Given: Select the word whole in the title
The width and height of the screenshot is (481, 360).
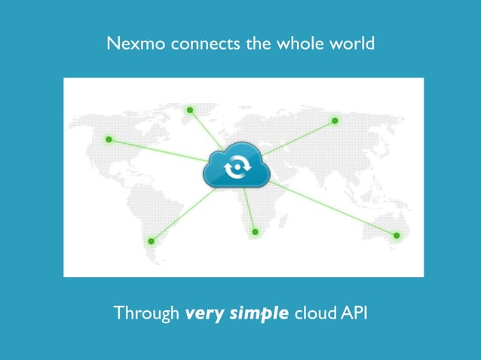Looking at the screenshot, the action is [302, 44].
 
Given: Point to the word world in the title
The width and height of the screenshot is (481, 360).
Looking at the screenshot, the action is [351, 44].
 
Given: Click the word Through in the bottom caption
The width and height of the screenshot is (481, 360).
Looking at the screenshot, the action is [146, 313].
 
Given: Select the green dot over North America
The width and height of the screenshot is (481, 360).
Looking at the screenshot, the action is [109, 139].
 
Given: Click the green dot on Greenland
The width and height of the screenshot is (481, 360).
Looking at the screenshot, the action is [190, 110].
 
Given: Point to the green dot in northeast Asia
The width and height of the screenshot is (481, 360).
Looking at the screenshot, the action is [335, 121].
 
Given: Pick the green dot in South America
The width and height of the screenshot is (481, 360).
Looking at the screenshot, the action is [151, 241].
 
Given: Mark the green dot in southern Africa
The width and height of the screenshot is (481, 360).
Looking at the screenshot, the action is [255, 231].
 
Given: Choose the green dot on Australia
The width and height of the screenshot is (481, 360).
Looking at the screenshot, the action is [397, 236].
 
